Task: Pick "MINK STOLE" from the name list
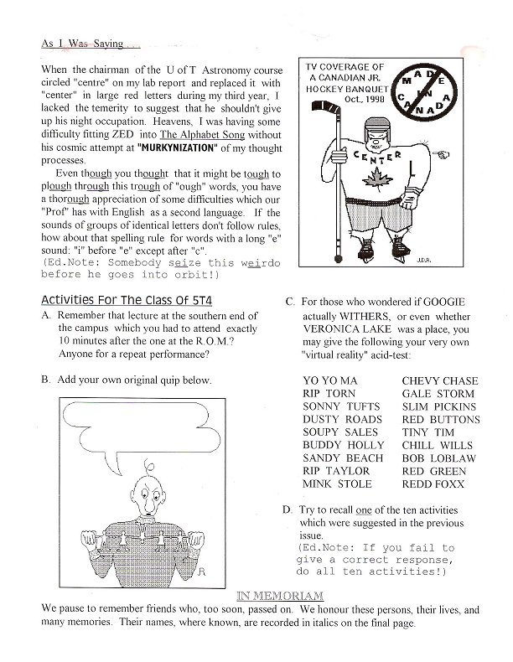click(x=337, y=484)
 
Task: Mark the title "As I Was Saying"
click(x=80, y=41)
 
